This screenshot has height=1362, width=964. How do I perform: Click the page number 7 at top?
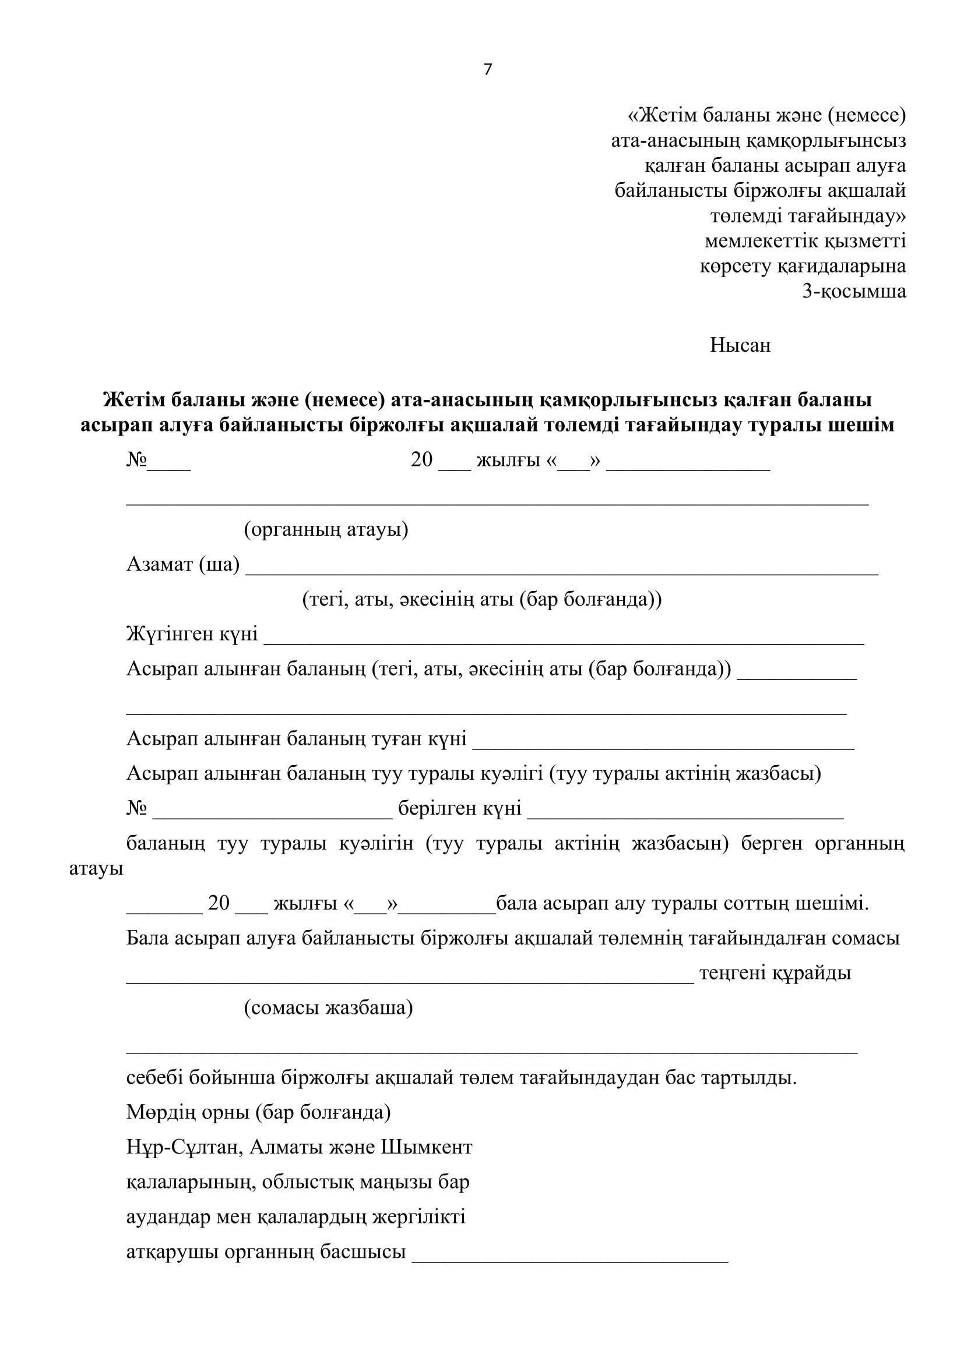(x=487, y=70)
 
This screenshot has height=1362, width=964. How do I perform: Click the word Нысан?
(x=740, y=345)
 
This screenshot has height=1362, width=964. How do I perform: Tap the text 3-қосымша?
(x=854, y=291)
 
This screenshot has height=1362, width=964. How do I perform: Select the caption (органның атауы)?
(x=326, y=529)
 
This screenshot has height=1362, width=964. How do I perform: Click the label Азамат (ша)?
(x=183, y=564)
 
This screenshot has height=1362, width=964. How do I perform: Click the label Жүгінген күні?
(x=192, y=634)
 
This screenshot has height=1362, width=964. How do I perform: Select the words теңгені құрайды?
(x=775, y=973)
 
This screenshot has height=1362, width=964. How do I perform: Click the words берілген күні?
(x=459, y=808)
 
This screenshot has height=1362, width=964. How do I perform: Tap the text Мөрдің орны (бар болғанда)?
(x=258, y=1112)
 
